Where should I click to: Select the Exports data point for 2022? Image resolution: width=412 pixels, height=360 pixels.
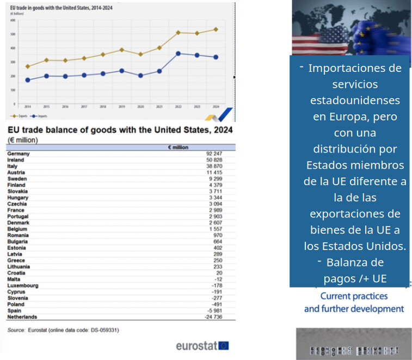pyautogui.click(x=178, y=33)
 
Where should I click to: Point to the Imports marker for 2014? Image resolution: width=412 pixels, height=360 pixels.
pyautogui.click(x=28, y=80)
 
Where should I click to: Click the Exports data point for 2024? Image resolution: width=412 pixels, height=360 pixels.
pyautogui.click(x=216, y=29)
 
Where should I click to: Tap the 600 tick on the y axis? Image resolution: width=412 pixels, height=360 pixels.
pyautogui.click(x=13, y=20)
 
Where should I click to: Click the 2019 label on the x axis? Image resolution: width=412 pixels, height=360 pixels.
pyautogui.click(x=122, y=107)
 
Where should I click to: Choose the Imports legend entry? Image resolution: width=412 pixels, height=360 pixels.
pyautogui.click(x=39, y=117)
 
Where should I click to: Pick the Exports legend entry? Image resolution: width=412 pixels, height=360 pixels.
pyautogui.click(x=20, y=117)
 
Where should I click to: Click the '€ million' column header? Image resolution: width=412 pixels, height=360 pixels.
pyautogui.click(x=177, y=147)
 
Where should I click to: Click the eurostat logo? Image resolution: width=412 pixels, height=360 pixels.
pyautogui.click(x=202, y=345)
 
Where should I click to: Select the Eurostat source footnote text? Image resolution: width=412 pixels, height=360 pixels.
pyautogui.click(x=63, y=330)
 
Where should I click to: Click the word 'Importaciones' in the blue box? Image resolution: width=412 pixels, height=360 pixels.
pyautogui.click(x=354, y=69)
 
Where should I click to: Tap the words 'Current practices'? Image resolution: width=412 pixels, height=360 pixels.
pyautogui.click(x=354, y=296)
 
